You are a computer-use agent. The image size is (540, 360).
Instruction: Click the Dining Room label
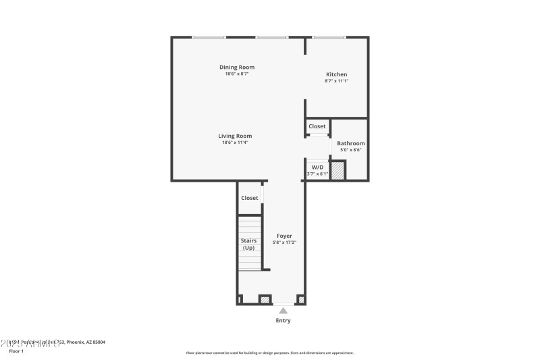click(x=237, y=67)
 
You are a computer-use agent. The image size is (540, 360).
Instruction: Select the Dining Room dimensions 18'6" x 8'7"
click(x=237, y=74)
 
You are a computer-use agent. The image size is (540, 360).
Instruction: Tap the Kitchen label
click(x=336, y=74)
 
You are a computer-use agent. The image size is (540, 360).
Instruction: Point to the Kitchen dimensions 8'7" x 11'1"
click(x=336, y=81)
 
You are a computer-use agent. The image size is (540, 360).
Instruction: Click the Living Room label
click(x=235, y=136)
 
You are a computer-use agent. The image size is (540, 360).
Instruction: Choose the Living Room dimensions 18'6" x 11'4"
click(x=235, y=143)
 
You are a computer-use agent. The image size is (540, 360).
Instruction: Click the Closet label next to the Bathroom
click(x=317, y=126)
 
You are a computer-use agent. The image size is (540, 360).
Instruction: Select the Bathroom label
click(x=351, y=143)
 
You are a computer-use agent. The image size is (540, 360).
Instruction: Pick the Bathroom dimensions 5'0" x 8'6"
click(x=351, y=150)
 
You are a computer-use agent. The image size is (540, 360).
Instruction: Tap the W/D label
click(x=317, y=166)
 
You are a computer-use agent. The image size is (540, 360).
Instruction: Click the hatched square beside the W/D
click(x=337, y=170)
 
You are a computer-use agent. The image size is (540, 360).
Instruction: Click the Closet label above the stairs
click(x=250, y=198)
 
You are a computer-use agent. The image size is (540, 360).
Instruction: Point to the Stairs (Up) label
click(x=249, y=244)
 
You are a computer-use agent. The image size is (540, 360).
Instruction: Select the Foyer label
click(x=284, y=236)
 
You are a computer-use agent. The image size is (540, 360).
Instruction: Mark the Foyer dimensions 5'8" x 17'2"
click(x=284, y=242)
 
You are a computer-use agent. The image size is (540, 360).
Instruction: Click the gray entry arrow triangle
click(x=283, y=311)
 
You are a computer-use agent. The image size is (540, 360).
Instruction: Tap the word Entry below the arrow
click(x=283, y=320)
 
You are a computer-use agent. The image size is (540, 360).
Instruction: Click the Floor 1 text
click(x=16, y=351)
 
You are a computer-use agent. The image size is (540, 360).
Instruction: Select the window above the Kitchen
click(x=329, y=37)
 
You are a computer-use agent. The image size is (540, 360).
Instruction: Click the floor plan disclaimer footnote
click(x=269, y=353)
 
